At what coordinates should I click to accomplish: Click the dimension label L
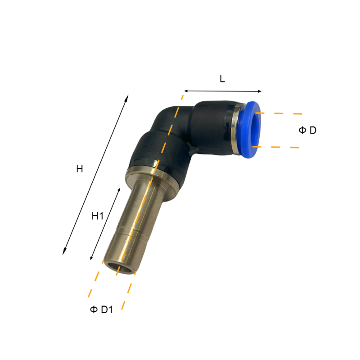(222, 79)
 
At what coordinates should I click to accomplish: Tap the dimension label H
(80, 169)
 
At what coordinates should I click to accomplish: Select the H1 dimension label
(97, 216)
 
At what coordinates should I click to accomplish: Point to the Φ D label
(307, 130)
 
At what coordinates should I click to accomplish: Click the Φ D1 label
(101, 310)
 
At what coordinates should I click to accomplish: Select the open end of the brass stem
(119, 267)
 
